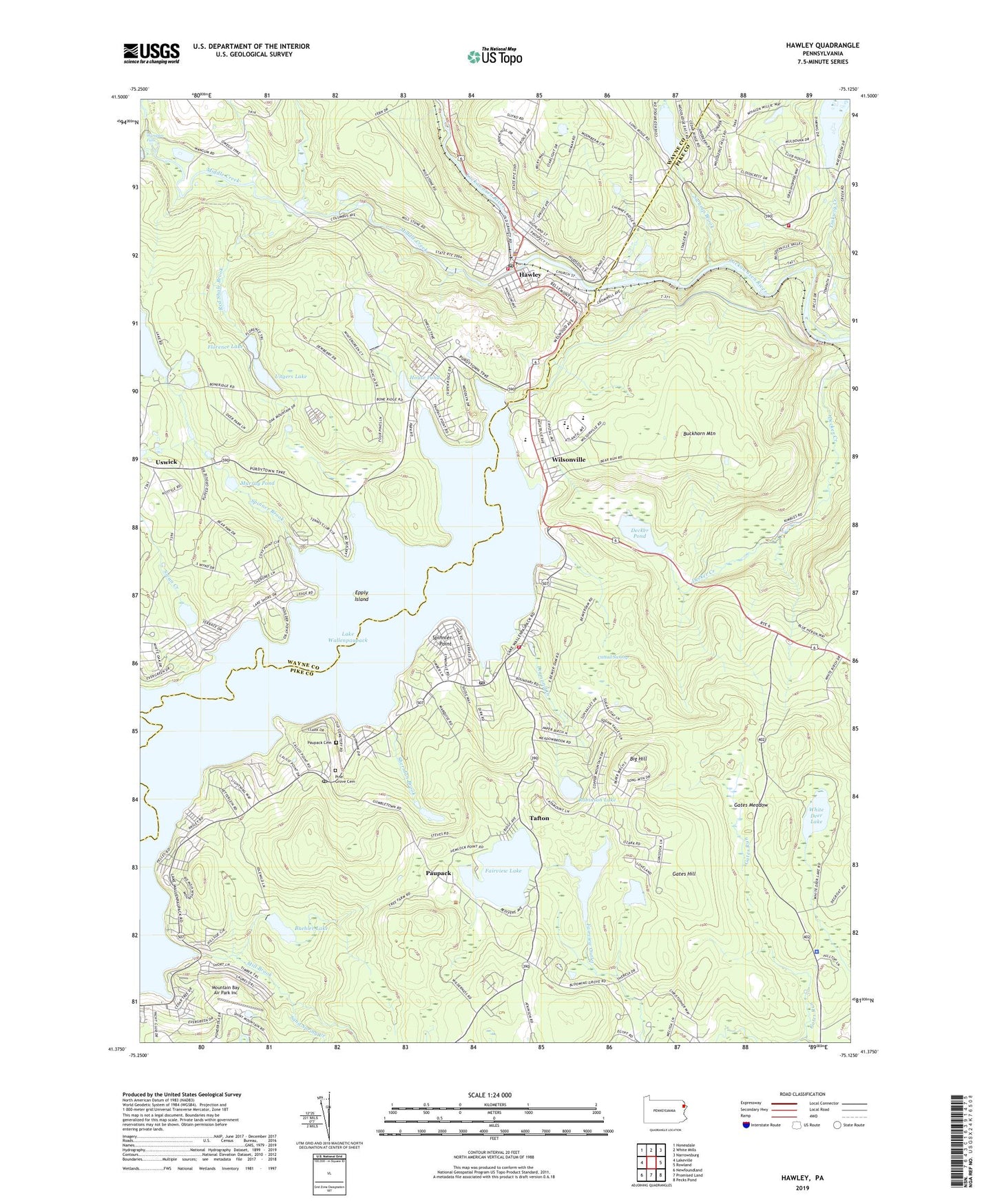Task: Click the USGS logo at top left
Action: click(151, 53)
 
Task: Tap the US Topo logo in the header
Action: click(494, 56)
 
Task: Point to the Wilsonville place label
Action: click(568, 459)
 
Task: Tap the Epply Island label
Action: click(362, 595)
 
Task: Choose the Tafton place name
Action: click(539, 818)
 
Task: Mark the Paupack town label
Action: click(438, 873)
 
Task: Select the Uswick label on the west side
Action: click(166, 462)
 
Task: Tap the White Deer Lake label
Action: click(816, 816)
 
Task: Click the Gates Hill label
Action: click(684, 874)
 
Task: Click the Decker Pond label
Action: click(640, 533)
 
